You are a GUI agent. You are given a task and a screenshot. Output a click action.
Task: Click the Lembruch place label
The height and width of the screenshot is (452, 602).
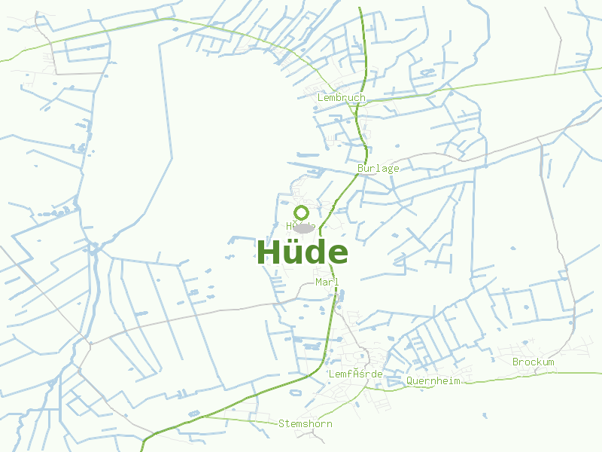pos(341,97)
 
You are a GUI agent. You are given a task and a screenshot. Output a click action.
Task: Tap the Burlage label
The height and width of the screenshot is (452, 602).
pos(379,168)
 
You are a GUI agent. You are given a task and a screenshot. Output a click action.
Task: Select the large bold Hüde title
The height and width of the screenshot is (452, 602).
pos(303,252)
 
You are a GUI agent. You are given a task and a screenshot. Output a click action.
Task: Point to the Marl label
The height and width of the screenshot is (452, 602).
pos(327,282)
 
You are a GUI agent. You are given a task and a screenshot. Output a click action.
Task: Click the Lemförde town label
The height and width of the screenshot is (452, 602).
pos(356,374)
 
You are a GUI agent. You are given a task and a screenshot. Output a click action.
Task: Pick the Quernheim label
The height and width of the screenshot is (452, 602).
pos(433,380)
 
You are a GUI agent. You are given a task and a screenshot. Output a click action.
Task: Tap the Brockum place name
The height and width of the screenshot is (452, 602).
pos(533,362)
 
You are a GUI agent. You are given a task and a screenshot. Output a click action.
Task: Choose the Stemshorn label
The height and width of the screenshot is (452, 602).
pos(305,423)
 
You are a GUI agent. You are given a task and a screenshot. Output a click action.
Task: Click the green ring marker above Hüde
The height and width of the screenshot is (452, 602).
pos(302,212)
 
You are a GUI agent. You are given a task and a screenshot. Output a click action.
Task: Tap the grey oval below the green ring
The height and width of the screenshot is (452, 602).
pos(303,228)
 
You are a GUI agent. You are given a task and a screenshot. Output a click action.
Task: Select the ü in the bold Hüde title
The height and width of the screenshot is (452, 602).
pos(294,252)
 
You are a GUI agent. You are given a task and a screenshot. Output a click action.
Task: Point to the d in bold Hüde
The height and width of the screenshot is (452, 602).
pos(316,252)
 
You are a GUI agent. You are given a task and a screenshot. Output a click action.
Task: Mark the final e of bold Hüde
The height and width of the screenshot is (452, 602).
pos(338,255)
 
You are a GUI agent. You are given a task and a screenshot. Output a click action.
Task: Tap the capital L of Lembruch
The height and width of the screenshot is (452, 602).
pos(321,97)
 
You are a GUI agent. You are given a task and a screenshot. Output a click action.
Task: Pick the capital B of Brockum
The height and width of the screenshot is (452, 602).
pos(515,362)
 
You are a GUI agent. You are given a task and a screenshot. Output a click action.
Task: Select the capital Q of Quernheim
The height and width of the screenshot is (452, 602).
pos(409,380)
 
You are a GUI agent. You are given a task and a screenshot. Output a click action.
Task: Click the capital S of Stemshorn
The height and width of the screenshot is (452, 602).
pos(281,423)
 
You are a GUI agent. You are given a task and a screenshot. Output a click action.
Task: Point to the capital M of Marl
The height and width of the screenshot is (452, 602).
pos(319,282)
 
